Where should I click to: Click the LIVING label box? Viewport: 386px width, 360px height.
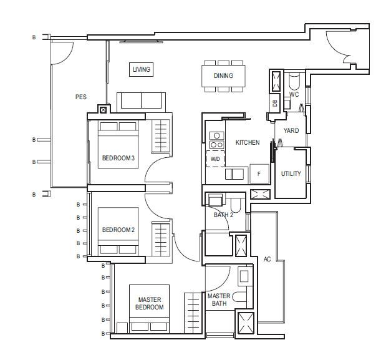(142, 69)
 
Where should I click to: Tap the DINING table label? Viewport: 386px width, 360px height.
(223, 75)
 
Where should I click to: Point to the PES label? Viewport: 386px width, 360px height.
(81, 97)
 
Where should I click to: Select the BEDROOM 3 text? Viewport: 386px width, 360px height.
(118, 158)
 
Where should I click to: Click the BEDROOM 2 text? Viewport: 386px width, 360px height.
(118, 230)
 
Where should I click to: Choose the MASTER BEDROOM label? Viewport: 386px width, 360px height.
(150, 303)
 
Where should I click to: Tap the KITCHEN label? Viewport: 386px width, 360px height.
(248, 142)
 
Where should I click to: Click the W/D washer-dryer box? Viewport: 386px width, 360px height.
(215, 159)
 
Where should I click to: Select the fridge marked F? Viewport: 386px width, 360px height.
(259, 174)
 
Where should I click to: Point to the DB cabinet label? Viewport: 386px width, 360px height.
(275, 103)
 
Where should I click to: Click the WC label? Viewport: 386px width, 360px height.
(294, 94)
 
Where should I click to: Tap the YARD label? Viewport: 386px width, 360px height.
(291, 130)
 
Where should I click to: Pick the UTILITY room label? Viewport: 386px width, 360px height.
(291, 173)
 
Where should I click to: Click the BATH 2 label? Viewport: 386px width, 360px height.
(223, 215)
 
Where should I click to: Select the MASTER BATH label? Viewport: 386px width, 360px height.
(219, 299)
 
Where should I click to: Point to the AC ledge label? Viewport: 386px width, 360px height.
(267, 259)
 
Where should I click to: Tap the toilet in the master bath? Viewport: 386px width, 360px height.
(240, 297)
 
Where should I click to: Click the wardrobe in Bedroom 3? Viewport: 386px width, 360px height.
(161, 136)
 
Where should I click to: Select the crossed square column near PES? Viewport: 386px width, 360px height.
(104, 110)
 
